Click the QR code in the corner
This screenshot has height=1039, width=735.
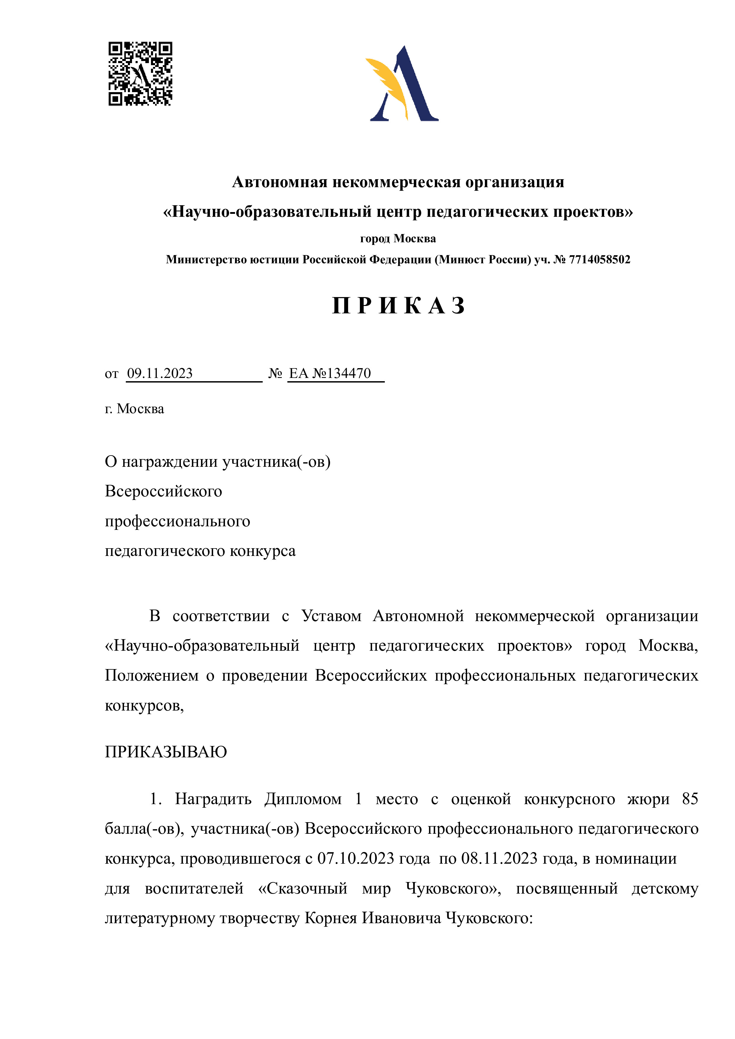pos(140,74)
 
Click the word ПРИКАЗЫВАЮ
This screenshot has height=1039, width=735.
pos(166,752)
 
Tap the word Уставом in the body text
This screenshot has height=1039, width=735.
pos(331,616)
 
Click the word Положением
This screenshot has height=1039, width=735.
pos(152,676)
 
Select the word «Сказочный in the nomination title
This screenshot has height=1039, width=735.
pos(302,888)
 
